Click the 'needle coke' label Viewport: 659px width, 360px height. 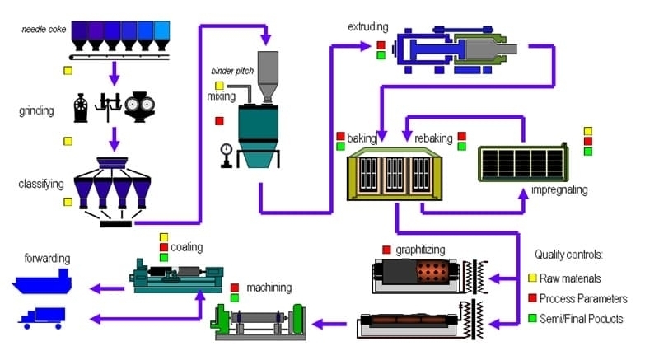click(44, 30)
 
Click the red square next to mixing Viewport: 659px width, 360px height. click(219, 121)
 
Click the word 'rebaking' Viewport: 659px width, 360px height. click(433, 138)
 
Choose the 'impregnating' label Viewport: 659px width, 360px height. click(559, 189)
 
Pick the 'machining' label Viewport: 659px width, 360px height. click(268, 288)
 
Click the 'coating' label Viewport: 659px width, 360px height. click(186, 246)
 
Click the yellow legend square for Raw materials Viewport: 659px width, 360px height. click(532, 278)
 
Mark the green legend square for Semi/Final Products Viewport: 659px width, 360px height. click(532, 318)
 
